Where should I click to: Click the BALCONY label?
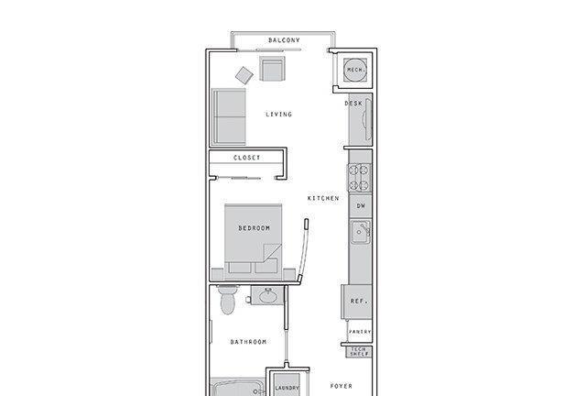pos(284,40)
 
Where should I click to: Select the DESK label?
pos(353,104)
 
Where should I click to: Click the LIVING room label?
pos(278,115)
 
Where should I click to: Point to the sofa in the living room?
pos(228,116)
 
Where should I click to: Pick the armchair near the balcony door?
pos(272,69)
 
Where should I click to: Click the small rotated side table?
pos(244,75)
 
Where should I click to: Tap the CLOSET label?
pos(246,158)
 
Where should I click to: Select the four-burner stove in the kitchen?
pos(359,178)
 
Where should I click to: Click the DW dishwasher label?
pos(361,206)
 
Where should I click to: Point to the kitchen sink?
pos(360,232)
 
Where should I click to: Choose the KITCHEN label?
pos(323,198)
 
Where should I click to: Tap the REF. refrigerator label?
pos(359,301)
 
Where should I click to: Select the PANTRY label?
pos(360,332)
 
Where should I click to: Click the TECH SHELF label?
pos(360,351)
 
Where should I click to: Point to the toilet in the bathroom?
pos(228,300)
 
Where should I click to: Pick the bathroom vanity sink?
pos(267,296)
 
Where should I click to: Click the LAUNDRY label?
pos(287,388)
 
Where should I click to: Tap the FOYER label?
pos(342,386)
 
